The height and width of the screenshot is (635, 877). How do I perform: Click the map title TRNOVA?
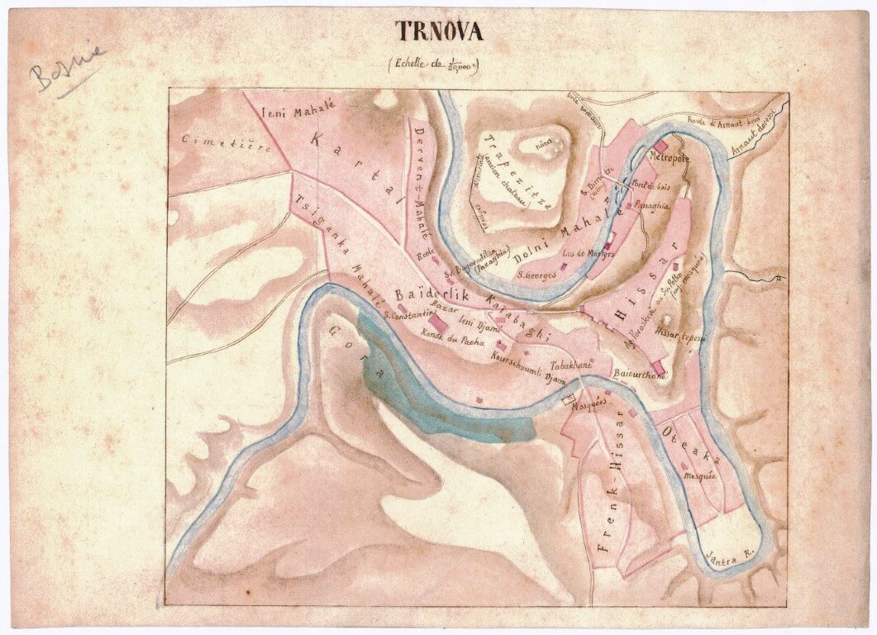click(438, 31)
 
